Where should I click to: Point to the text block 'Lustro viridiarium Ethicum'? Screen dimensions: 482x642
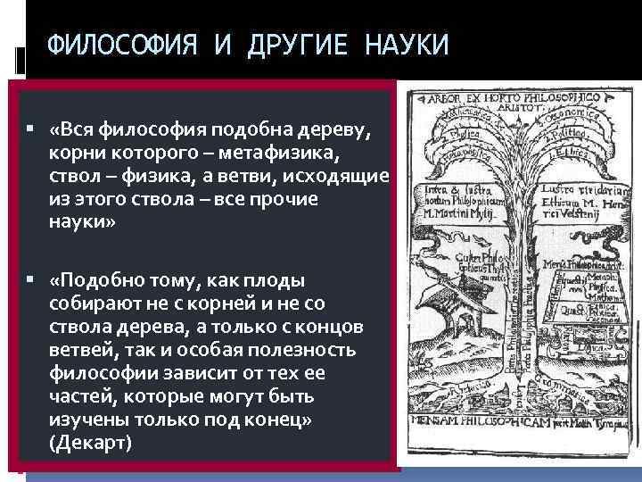588,195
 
